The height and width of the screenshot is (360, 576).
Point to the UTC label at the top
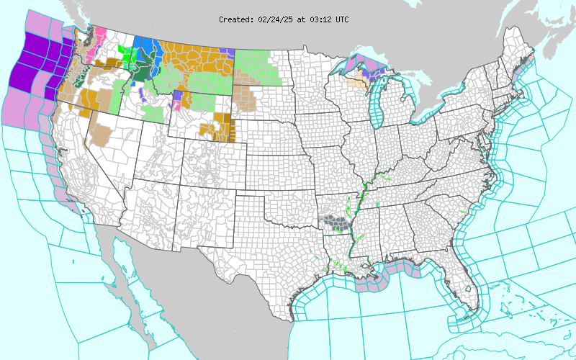tap(341, 19)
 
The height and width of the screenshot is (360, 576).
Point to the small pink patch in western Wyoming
tap(175, 105)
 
